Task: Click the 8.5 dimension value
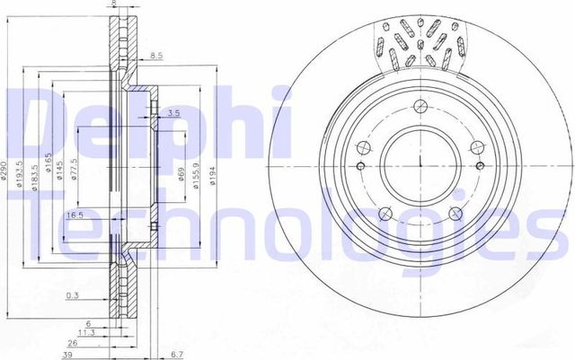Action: pyautogui.click(x=156, y=56)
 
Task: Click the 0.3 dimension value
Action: pyautogui.click(x=72, y=295)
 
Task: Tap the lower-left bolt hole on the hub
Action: pyautogui.click(x=384, y=213)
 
